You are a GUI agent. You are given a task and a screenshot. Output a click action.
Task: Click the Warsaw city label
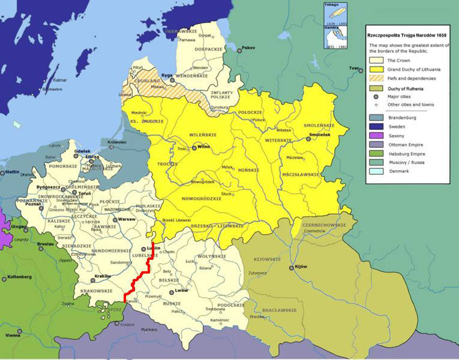click(x=127, y=219)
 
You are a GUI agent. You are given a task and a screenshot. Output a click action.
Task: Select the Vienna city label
click(x=12, y=335)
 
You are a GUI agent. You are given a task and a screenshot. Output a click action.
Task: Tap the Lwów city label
click(x=182, y=290)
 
